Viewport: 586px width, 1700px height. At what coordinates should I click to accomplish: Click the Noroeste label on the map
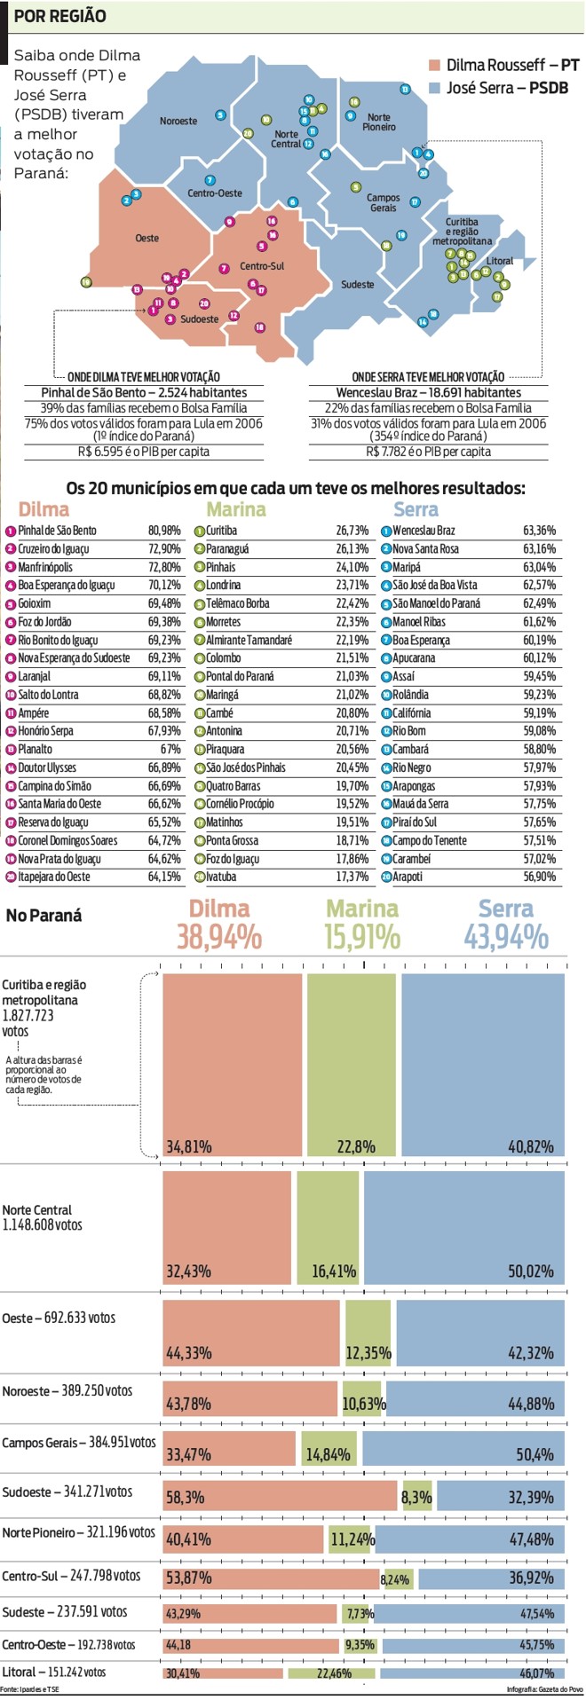click(178, 121)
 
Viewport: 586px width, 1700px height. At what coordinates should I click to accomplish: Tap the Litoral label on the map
click(500, 261)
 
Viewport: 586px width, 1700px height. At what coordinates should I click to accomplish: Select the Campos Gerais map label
click(384, 202)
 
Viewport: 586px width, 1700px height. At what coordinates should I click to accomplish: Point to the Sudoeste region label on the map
click(199, 319)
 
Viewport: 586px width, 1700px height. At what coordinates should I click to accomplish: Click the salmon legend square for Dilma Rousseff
click(435, 66)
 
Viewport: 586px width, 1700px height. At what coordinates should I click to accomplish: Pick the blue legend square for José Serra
click(435, 88)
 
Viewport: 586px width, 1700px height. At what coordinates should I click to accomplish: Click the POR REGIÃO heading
click(60, 16)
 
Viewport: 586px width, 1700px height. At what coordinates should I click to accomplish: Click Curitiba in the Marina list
click(221, 531)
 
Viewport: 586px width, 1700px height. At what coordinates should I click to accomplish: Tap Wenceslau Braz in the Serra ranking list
click(424, 531)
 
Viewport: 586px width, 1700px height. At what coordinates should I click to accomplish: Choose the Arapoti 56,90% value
click(540, 877)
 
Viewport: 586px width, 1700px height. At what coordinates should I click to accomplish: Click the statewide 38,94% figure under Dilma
click(219, 937)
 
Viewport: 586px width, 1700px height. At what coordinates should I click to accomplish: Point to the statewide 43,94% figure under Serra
click(506, 937)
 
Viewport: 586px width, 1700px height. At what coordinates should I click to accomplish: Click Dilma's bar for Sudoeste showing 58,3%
click(280, 1496)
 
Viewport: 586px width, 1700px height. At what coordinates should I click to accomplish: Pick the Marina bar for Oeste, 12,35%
click(368, 1332)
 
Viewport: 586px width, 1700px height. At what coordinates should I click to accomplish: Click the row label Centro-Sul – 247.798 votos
click(71, 1576)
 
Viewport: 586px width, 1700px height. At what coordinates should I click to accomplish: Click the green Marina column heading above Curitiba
click(236, 509)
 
